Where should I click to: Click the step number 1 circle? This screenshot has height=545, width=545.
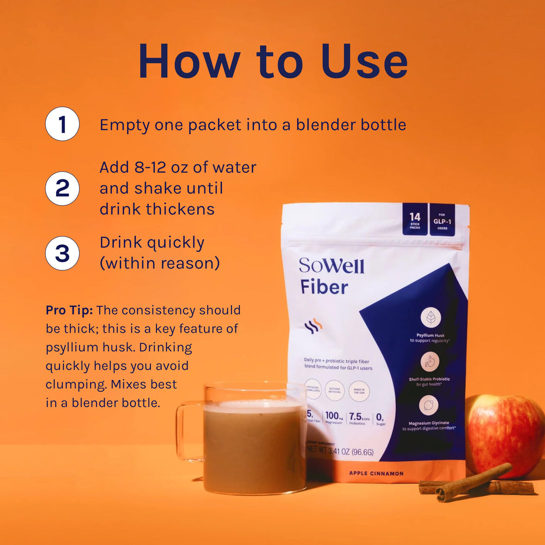pyautogui.click(x=62, y=124)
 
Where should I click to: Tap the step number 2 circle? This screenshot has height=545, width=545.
pyautogui.click(x=62, y=188)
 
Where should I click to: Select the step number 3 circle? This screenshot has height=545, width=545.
pyautogui.click(x=62, y=253)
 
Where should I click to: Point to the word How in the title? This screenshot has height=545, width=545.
pyautogui.click(x=189, y=61)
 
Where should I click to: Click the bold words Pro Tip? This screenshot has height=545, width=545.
pyautogui.click(x=69, y=310)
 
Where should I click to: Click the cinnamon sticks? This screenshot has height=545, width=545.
pyautogui.click(x=474, y=482)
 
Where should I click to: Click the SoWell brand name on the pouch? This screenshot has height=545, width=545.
pyautogui.click(x=331, y=265)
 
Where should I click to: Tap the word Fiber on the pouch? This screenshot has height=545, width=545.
pyautogui.click(x=324, y=287)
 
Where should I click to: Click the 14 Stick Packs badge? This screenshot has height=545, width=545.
pyautogui.click(x=415, y=220)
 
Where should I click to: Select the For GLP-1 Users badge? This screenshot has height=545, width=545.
pyautogui.click(x=442, y=220)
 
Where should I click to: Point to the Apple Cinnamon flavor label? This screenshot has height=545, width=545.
pyautogui.click(x=377, y=473)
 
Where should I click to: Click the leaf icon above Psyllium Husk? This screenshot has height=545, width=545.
pyautogui.click(x=430, y=317)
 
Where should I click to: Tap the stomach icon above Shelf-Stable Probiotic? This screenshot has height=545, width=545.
pyautogui.click(x=430, y=361)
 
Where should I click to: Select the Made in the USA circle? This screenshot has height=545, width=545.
pyautogui.click(x=359, y=391)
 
